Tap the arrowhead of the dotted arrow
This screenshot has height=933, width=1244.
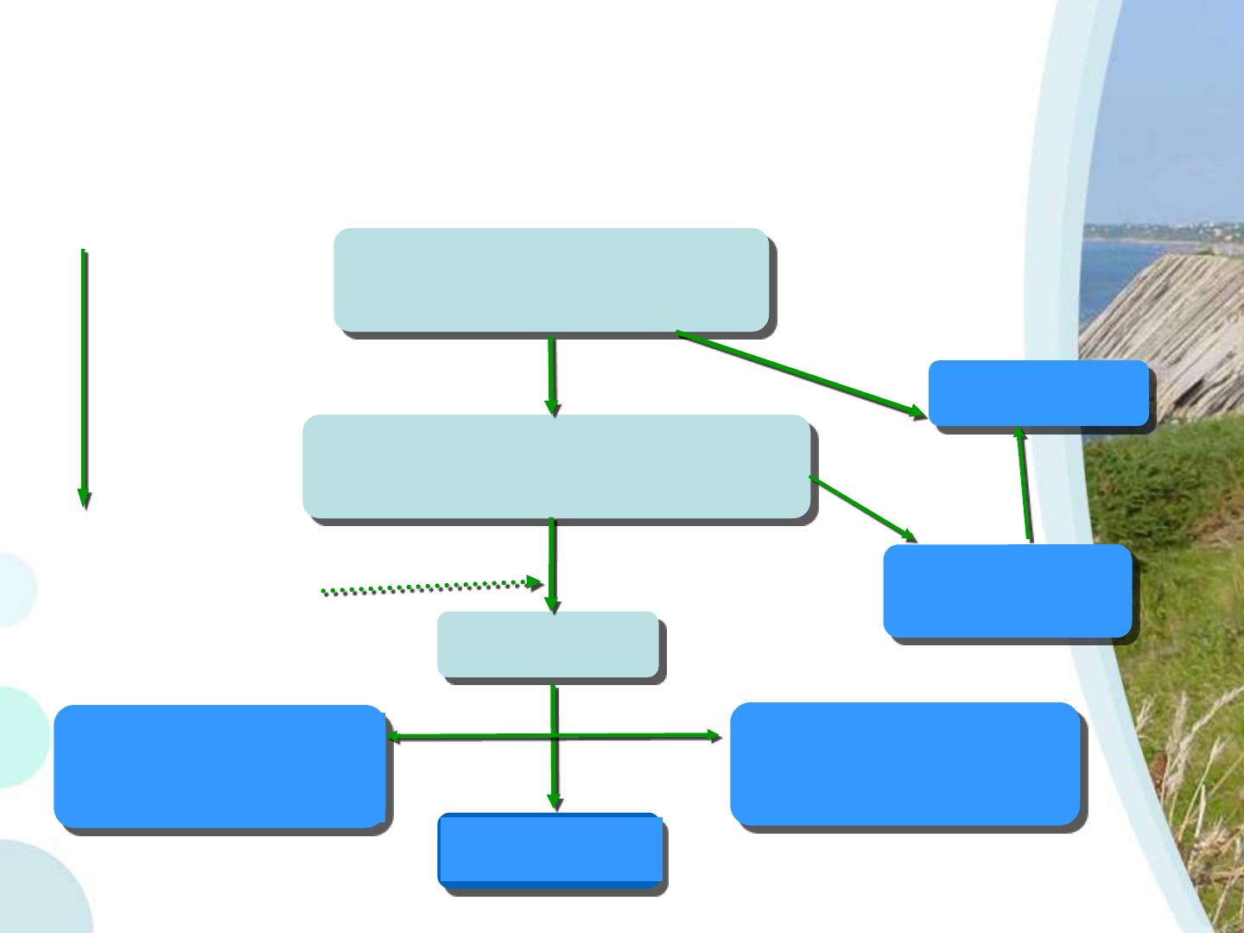[535, 583]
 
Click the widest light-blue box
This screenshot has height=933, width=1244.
[556, 466]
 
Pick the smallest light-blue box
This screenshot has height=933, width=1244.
[548, 644]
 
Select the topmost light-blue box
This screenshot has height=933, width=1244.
[551, 280]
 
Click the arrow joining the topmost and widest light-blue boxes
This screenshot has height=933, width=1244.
[551, 375]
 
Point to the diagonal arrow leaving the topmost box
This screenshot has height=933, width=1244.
[799, 373]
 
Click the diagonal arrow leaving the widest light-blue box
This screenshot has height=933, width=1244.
[862, 509]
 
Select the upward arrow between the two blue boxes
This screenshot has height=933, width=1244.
[1024, 484]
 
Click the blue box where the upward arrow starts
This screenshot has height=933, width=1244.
[1007, 591]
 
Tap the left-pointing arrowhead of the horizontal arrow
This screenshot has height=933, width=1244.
[394, 737]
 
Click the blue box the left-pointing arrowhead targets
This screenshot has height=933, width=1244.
[219, 766]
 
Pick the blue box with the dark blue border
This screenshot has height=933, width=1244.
[550, 850]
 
